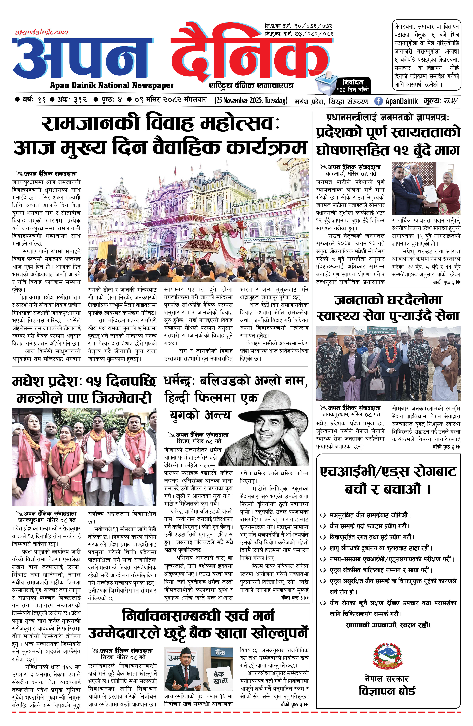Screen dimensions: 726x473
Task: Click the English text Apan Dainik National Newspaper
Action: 112,85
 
